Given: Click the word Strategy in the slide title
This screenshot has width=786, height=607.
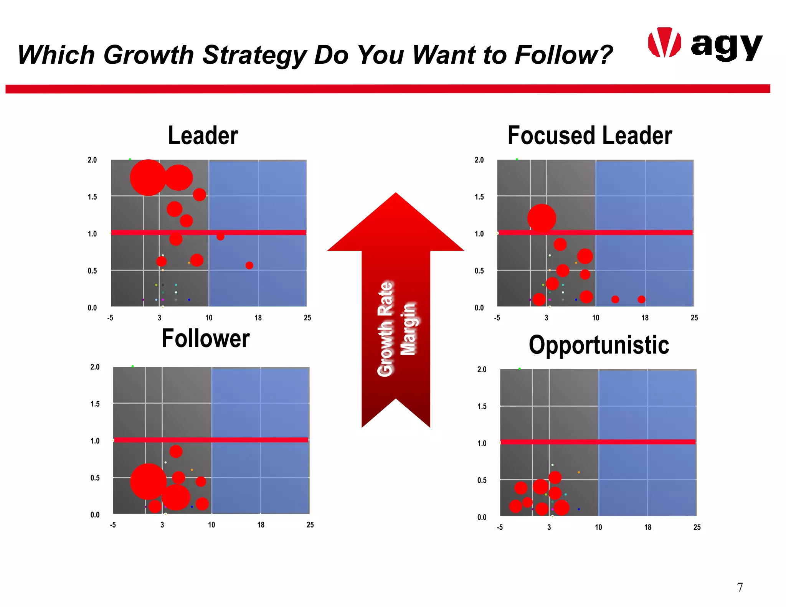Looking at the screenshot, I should [255, 55].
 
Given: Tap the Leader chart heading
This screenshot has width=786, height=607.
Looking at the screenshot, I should [203, 135].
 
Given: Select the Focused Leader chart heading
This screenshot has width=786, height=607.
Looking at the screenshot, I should [589, 135].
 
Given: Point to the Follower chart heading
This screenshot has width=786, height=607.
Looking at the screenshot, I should [206, 338].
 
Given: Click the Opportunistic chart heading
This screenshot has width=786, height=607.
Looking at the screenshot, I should [599, 345].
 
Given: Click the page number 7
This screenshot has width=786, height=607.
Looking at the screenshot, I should [740, 587].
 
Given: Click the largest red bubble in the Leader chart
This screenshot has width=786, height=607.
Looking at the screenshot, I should [148, 178].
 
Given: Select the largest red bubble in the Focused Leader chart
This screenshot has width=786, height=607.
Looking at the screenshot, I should [542, 218].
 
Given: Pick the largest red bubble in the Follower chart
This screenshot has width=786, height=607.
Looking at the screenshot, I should [148, 482].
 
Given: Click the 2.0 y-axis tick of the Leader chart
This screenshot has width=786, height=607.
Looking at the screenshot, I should [92, 160].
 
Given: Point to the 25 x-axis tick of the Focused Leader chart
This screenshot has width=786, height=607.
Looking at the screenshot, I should [694, 318].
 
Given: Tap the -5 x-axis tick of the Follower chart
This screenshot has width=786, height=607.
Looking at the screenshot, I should [113, 525].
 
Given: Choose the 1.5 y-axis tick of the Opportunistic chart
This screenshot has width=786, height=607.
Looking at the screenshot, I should [482, 406].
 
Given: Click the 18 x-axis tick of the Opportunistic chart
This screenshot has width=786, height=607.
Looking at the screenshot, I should [647, 527].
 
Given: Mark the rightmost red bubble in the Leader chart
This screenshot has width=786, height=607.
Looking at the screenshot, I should [249, 265].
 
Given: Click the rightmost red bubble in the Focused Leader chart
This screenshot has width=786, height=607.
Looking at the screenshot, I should [641, 299].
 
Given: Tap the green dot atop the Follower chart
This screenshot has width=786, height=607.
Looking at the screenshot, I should [133, 366].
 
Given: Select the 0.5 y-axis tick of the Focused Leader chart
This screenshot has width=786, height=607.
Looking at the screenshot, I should [479, 271].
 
